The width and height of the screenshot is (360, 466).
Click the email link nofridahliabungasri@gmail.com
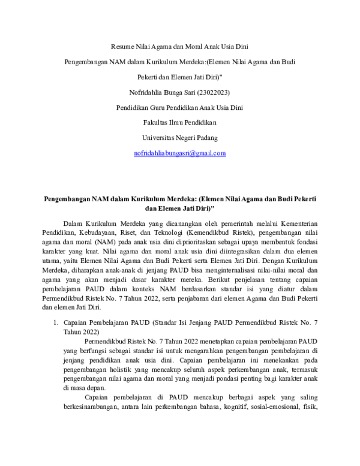(x=180, y=153)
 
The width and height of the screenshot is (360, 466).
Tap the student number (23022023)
(x=210, y=92)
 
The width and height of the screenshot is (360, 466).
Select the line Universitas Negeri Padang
(x=180, y=138)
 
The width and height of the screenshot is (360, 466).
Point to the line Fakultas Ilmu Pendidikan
(x=180, y=123)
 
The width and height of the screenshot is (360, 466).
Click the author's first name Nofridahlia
(x=148, y=92)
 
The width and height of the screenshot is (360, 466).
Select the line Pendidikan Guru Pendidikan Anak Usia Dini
(x=180, y=107)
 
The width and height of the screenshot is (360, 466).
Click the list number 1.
(x=56, y=323)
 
